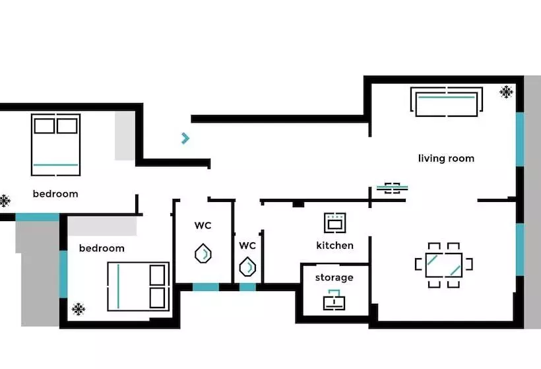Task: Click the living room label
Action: (x=446, y=158)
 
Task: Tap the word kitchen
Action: (x=334, y=246)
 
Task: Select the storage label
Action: (x=334, y=277)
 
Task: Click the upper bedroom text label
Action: (x=55, y=194)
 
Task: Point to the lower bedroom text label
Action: (x=102, y=249)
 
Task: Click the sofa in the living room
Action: (x=446, y=101)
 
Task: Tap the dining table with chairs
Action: (x=443, y=265)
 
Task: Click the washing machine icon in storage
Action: (x=334, y=300)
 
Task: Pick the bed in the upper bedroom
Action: (x=55, y=144)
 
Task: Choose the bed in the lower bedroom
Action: (x=139, y=286)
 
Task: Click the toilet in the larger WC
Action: (x=203, y=253)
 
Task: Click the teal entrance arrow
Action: (x=186, y=138)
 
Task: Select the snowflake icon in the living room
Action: (x=506, y=92)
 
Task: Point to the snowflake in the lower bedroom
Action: (x=79, y=308)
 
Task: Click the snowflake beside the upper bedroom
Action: (x=4, y=201)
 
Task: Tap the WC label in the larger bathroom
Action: (x=203, y=226)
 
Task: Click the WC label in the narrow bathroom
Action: (x=247, y=246)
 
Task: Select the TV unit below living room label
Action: (x=392, y=188)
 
